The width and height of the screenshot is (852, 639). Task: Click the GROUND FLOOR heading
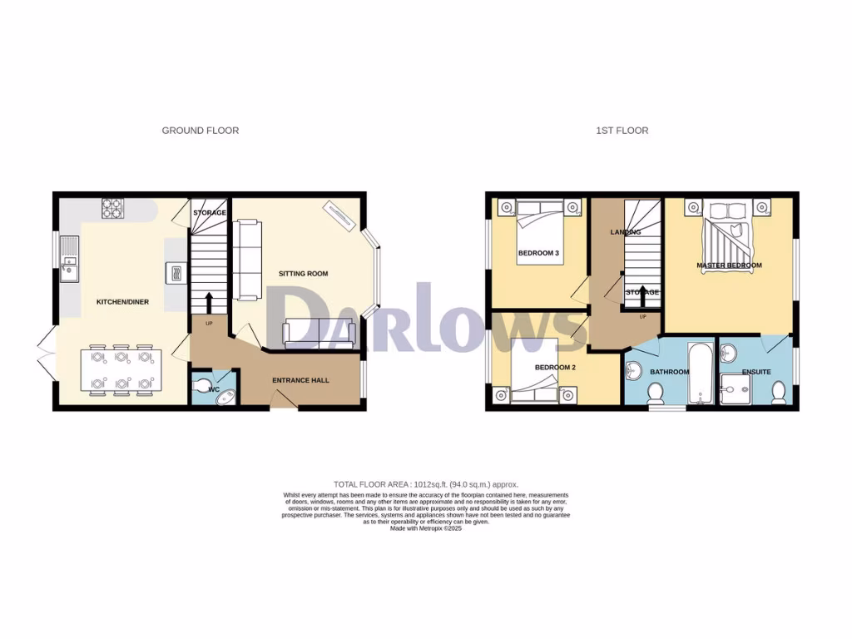[200, 131]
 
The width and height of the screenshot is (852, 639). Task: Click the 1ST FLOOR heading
[622, 131]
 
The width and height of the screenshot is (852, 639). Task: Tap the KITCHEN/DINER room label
[122, 302]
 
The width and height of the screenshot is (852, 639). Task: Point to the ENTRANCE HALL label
[301, 381]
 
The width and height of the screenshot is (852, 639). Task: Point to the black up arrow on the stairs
[208, 302]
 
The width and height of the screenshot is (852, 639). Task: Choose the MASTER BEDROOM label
[729, 265]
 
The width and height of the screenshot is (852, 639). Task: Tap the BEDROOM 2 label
[532, 368]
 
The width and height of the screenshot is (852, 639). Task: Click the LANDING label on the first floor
[625, 232]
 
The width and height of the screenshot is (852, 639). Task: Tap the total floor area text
[425, 484]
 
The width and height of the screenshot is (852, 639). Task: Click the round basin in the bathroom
[634, 371]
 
